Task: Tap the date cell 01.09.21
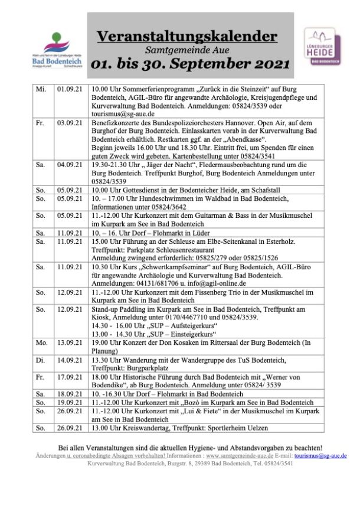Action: (x=70, y=89)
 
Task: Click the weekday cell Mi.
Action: (x=41, y=89)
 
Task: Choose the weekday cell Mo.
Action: (x=41, y=342)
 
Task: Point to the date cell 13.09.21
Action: (x=70, y=342)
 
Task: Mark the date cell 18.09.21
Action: (x=70, y=392)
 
